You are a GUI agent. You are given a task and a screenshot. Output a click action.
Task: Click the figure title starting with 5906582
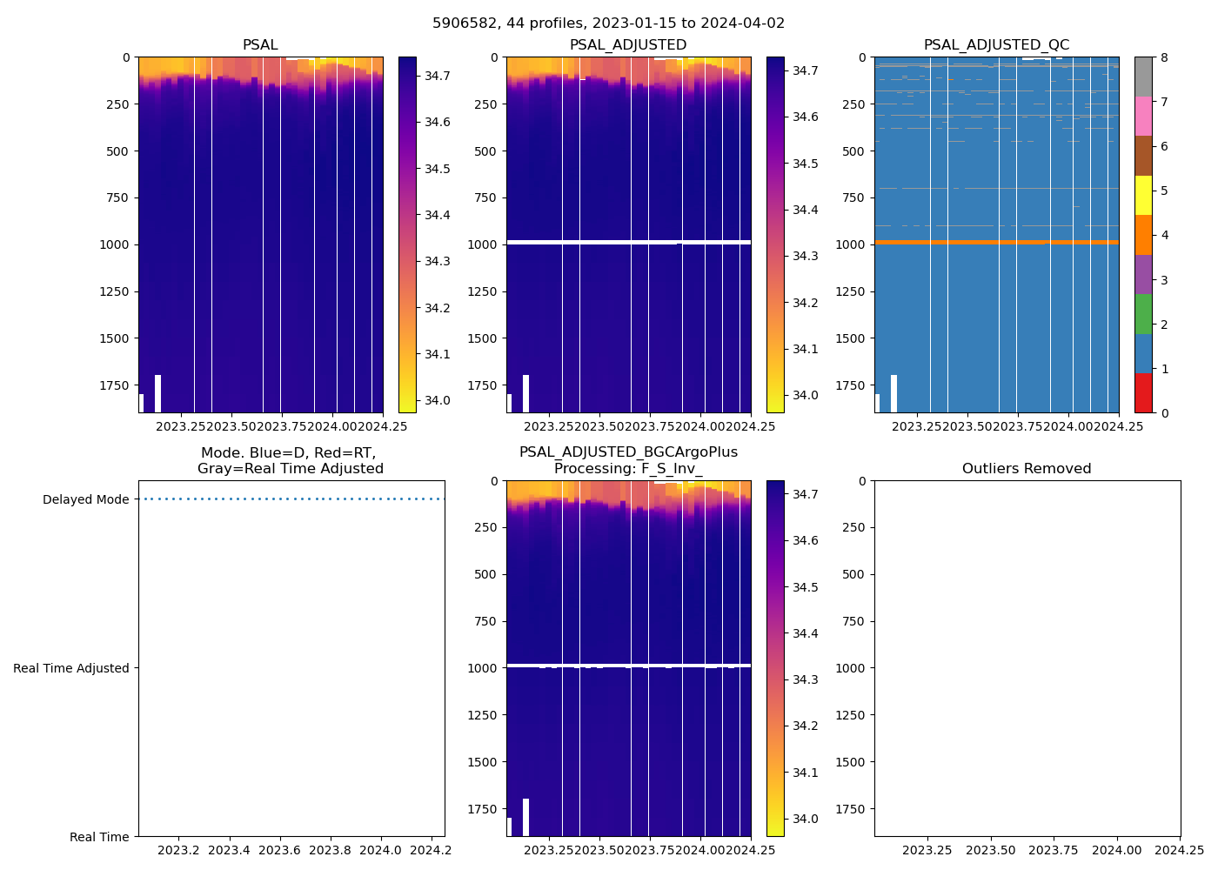[608, 23]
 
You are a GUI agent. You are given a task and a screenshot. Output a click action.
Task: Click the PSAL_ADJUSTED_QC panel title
[996, 45]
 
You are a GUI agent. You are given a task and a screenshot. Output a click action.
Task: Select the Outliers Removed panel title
[1027, 469]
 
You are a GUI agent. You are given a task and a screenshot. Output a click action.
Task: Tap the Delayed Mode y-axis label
[85, 500]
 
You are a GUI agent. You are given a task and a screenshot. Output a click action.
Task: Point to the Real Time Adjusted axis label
[71, 669]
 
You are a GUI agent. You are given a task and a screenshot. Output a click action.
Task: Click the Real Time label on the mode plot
[99, 838]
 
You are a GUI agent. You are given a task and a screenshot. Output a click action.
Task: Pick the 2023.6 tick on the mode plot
[280, 850]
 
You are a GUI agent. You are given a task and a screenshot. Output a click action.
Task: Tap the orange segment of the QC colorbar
[1143, 235]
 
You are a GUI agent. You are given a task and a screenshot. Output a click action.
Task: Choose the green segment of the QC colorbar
[1143, 313]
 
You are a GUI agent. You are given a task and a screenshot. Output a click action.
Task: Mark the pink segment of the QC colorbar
[1143, 116]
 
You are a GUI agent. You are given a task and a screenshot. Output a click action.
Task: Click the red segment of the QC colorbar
[1143, 393]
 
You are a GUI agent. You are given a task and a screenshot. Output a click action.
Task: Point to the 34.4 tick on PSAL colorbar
[437, 216]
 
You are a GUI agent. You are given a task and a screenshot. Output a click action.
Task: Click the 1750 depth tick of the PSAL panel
[114, 385]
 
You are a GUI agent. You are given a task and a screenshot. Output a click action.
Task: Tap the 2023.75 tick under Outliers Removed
[1054, 850]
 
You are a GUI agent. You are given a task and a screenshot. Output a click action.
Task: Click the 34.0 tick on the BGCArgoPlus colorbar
[805, 820]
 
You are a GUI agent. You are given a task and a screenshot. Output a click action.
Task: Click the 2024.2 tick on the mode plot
[431, 850]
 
